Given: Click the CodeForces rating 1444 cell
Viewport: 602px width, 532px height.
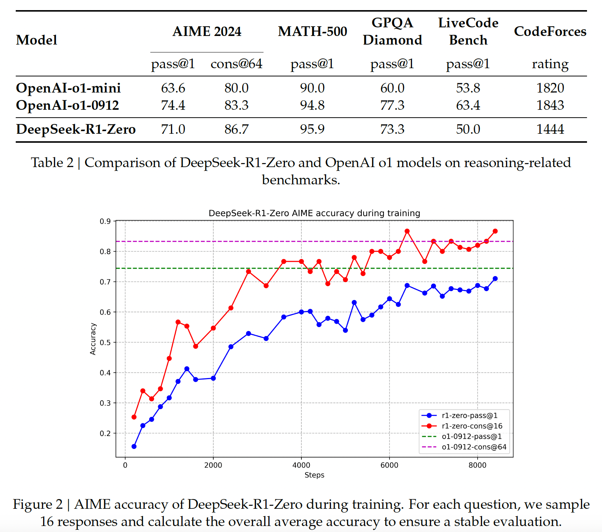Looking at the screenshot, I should [x=550, y=129].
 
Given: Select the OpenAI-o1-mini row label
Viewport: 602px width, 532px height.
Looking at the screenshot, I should [x=68, y=88].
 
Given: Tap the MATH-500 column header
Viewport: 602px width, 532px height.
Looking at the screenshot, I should [x=312, y=31].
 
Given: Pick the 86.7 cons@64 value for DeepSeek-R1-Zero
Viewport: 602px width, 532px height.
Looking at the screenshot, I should [x=236, y=129].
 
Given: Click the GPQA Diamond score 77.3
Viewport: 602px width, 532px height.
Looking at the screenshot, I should [x=392, y=105].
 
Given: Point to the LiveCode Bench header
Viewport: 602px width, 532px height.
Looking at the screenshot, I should [x=468, y=31].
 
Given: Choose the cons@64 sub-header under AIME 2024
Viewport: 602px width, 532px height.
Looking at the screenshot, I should [x=236, y=64].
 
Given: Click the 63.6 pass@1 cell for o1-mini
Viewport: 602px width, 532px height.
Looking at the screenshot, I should [x=173, y=88].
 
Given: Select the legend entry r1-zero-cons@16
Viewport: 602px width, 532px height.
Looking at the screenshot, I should [x=472, y=426].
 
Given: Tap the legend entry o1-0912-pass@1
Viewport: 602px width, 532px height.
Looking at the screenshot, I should [x=472, y=436].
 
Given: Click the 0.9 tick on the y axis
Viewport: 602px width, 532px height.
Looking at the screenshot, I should [x=105, y=221].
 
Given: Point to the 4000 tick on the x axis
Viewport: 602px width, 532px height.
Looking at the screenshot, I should [x=301, y=465].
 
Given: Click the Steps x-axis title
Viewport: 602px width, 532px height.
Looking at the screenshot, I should [x=314, y=475].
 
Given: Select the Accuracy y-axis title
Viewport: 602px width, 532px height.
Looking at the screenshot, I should [x=93, y=339].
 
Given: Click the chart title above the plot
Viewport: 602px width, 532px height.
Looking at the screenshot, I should [x=314, y=213].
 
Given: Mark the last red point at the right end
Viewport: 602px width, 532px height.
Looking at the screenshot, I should [x=495, y=231].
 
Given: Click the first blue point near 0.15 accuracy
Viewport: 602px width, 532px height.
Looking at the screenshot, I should [x=134, y=447].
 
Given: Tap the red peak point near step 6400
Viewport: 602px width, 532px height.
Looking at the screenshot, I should [x=407, y=231].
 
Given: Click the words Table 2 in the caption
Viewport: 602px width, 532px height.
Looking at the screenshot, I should [x=52, y=163].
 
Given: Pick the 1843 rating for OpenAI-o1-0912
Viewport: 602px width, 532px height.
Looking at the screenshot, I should [x=550, y=105].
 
